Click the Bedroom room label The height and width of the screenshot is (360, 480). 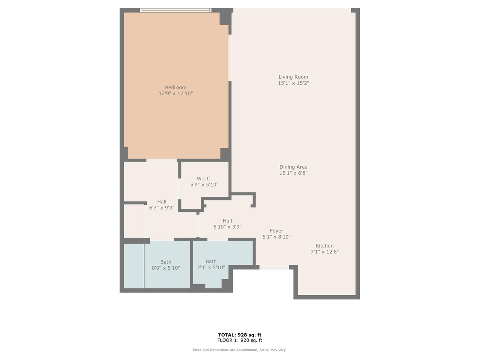[176, 88]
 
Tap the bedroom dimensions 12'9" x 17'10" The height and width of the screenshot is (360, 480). [176, 94]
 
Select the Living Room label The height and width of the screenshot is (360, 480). [293, 77]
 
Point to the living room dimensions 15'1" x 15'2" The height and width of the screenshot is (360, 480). [293, 83]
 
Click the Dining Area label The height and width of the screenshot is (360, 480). [293, 167]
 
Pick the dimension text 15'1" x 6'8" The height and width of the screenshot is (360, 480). [293, 173]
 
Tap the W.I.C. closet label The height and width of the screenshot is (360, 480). [204, 178]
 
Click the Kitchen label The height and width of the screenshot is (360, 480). [324, 246]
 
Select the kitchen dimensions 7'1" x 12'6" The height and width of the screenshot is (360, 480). [324, 252]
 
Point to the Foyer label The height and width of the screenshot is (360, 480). [277, 231]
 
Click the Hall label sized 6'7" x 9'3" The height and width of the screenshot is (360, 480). [162, 202]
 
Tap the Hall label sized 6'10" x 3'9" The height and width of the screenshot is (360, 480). [227, 221]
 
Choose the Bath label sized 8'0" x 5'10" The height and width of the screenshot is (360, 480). [166, 262]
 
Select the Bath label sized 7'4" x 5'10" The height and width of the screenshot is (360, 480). [211, 261]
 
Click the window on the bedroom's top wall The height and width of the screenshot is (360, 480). [176, 10]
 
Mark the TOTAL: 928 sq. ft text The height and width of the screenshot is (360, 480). [239, 335]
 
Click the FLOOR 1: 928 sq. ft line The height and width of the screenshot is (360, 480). [239, 340]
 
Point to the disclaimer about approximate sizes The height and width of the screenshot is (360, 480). [239, 350]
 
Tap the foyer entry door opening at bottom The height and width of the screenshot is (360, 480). [274, 268]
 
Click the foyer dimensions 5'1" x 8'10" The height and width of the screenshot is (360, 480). [277, 237]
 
